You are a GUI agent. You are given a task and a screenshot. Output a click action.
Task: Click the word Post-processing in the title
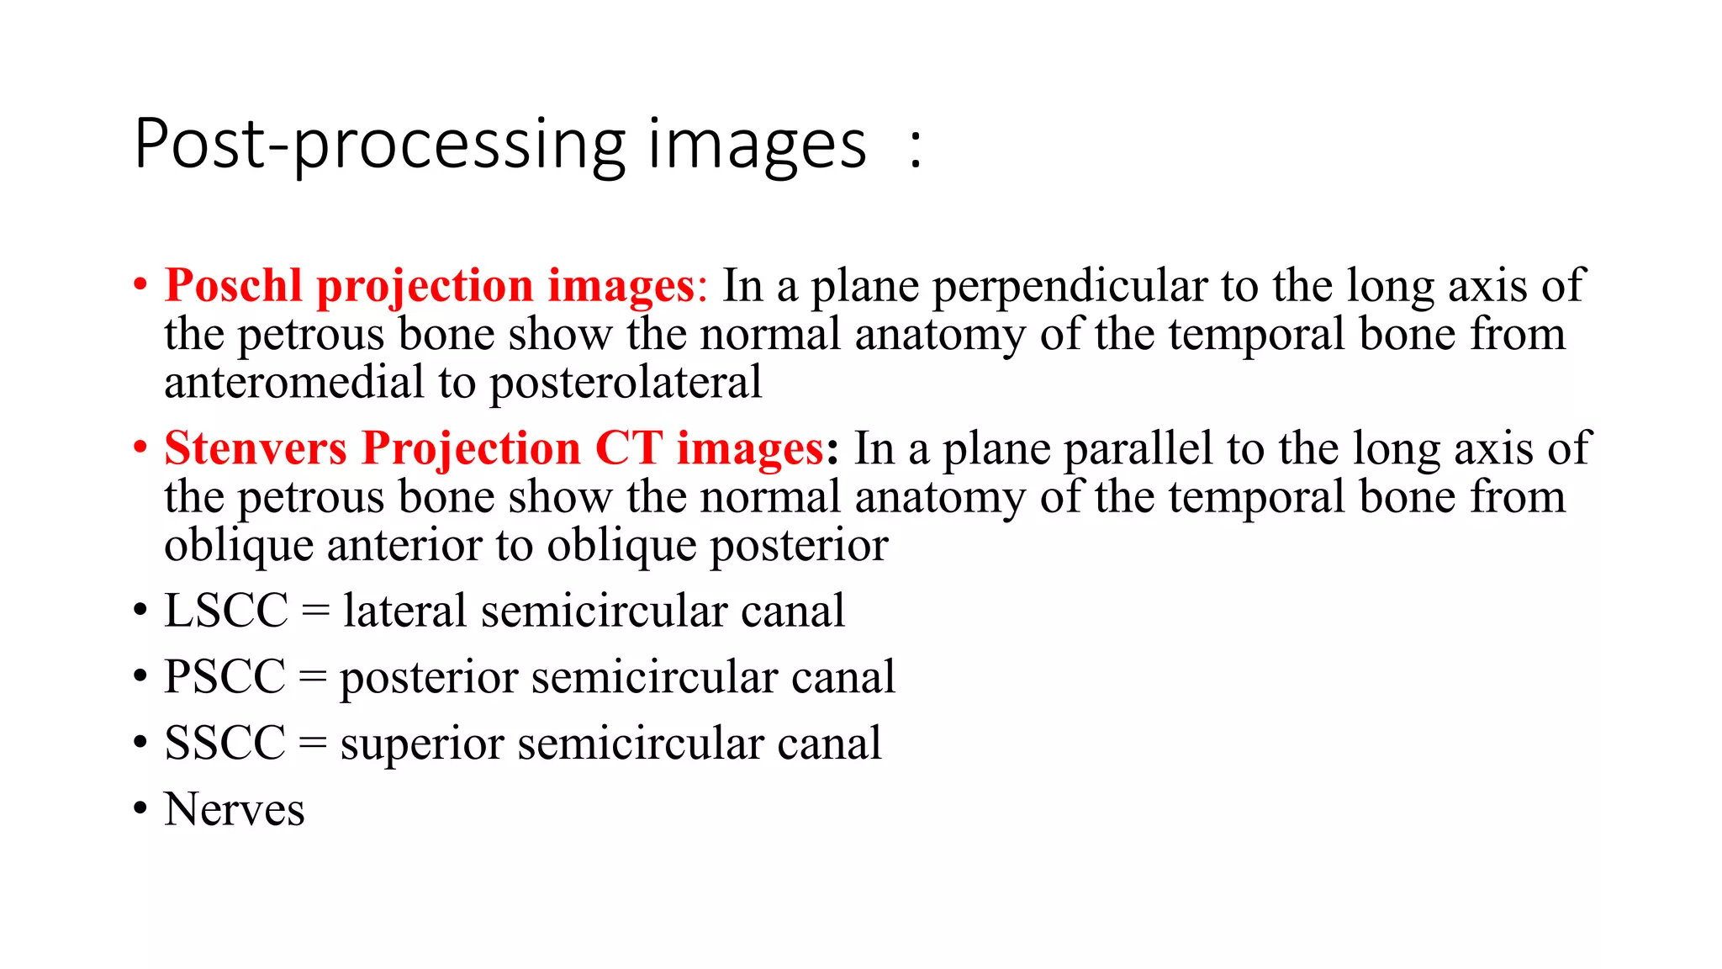coord(379,146)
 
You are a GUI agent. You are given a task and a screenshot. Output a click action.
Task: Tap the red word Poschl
coord(233,286)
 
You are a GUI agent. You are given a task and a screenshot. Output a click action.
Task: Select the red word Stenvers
coord(255,448)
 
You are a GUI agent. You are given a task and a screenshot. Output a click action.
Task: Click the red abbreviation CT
coord(628,448)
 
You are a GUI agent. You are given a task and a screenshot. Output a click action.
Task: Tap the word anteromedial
coord(294,383)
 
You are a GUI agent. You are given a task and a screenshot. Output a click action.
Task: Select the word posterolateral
coord(626,384)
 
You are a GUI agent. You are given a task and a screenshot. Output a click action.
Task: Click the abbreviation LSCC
coord(226,611)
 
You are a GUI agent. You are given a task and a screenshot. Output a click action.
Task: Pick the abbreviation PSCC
coord(224,677)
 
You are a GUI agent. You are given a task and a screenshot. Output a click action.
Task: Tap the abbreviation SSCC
coord(224,744)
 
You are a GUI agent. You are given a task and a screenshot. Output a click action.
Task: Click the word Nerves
coord(234,810)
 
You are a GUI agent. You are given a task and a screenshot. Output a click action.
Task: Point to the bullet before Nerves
coord(140,810)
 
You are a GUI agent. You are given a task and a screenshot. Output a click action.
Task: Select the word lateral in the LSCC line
coord(404,611)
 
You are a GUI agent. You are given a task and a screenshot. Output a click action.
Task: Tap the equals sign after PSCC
coord(312,678)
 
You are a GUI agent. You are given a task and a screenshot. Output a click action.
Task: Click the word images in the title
coord(756,146)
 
